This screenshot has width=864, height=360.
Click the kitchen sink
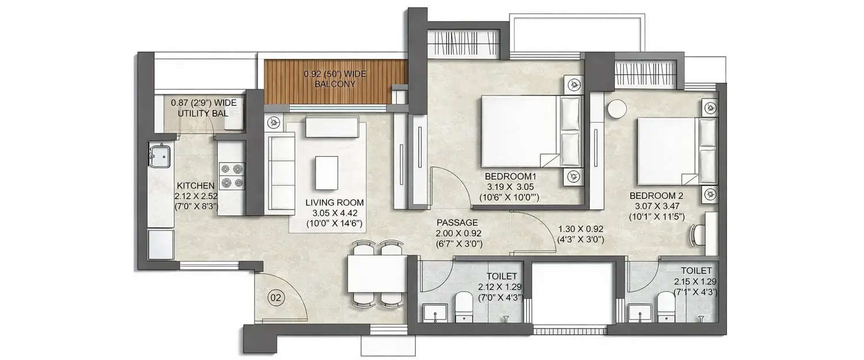(160, 155)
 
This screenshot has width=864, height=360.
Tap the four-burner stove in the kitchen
(231, 176)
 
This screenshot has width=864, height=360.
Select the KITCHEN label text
(196, 185)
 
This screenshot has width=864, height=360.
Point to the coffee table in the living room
(327, 172)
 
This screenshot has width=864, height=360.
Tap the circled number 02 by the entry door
(276, 298)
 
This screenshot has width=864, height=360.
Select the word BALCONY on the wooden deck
(335, 84)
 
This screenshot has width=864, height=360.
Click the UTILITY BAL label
(203, 113)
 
